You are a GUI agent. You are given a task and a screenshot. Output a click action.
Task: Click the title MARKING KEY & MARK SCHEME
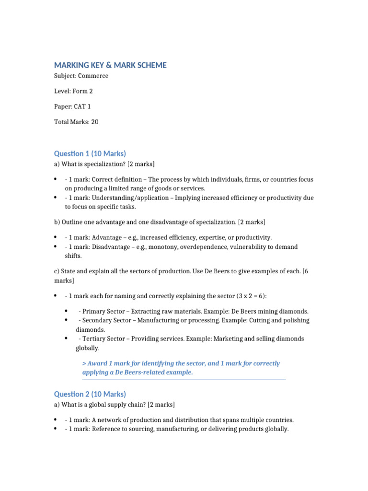110,65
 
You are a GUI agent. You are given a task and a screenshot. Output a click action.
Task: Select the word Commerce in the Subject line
94,76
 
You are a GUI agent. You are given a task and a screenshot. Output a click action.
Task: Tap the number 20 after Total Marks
94,122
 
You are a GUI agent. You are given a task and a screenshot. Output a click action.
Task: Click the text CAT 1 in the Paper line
82,106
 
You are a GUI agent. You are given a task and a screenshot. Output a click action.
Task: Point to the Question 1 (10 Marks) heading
90,153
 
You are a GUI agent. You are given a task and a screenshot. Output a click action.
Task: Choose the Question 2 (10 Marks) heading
90,394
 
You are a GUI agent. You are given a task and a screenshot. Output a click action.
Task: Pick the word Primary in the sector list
94,311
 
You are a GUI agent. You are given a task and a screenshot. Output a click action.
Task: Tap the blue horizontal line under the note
184,379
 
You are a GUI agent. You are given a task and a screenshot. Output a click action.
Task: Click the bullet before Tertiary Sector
65,338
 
